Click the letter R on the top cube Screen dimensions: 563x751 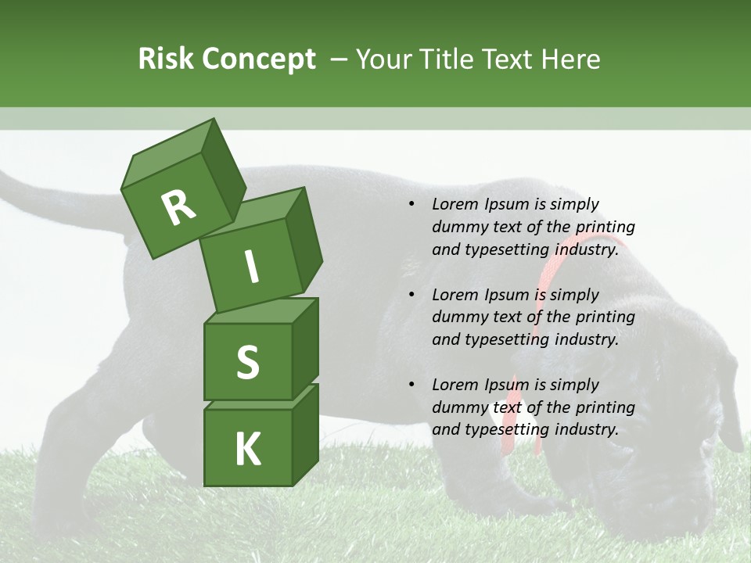(x=178, y=208)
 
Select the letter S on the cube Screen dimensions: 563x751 (x=247, y=362)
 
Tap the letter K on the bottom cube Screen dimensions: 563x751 (x=247, y=450)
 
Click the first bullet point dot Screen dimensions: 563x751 (x=411, y=205)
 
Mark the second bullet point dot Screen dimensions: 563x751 (x=411, y=296)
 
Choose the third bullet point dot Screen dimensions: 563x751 (x=411, y=385)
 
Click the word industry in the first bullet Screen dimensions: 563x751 (x=587, y=249)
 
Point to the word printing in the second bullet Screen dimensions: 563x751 (x=605, y=317)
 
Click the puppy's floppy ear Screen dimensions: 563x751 (x=730, y=407)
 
